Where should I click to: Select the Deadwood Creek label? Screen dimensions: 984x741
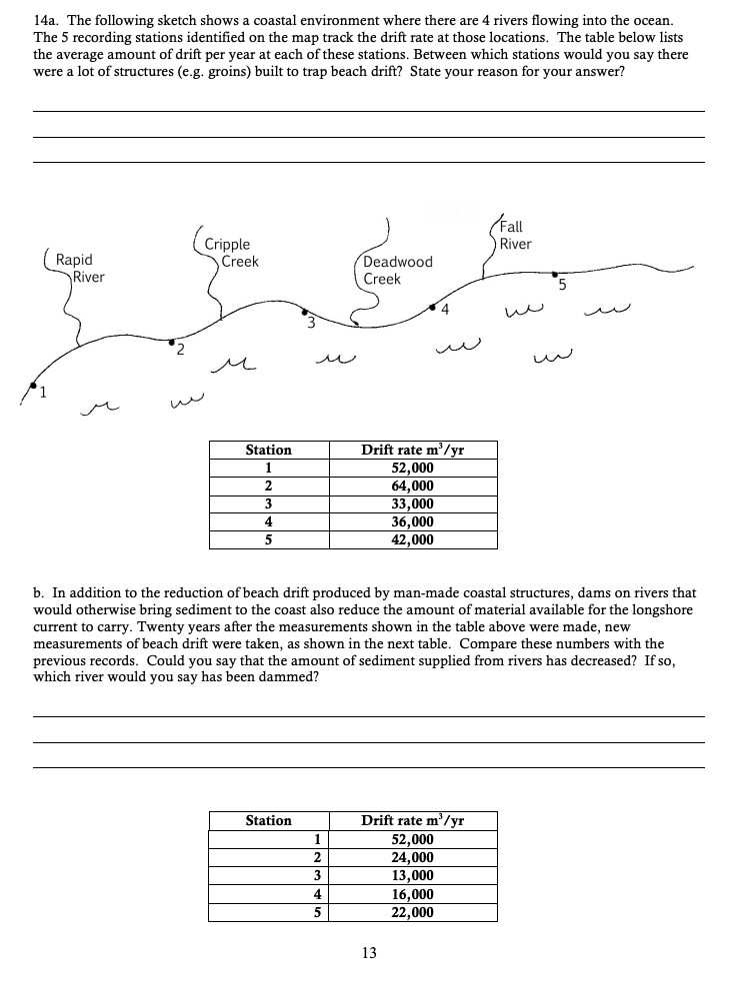click(397, 270)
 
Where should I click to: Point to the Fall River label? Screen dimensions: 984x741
click(516, 235)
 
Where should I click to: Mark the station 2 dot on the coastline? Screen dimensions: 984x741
click(172, 341)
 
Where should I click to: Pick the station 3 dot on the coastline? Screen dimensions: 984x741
click(305, 311)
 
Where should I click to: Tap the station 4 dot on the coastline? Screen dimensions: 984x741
click(432, 307)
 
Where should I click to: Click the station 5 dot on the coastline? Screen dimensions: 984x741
click(555, 272)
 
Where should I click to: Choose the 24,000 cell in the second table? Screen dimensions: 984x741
click(412, 857)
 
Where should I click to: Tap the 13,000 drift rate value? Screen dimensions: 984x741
click(412, 875)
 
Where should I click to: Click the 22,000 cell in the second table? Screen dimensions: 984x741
click(412, 912)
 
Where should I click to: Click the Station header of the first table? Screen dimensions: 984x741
click(268, 451)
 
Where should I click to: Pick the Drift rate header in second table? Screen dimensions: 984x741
click(412, 821)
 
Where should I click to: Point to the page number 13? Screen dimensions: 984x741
click(369, 953)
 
